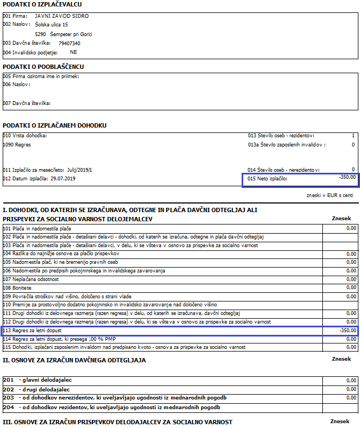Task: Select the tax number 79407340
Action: point(69,43)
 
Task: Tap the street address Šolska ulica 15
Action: point(51,25)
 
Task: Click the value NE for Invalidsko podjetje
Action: point(74,52)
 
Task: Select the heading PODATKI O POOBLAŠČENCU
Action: point(43,67)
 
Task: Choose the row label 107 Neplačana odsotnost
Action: point(31,279)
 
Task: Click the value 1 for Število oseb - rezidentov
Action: point(353,136)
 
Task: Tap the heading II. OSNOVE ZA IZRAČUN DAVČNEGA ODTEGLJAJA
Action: point(74,360)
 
